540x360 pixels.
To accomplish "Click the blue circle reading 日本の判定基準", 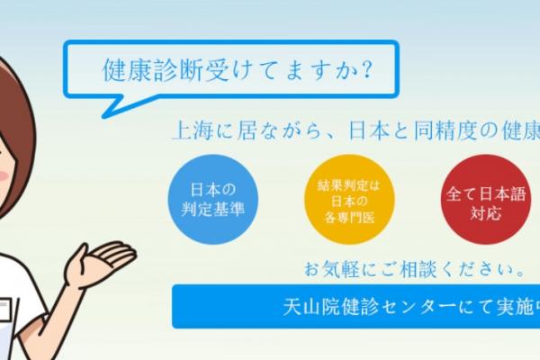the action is [x=212, y=200].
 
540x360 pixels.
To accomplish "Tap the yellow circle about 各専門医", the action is [x=349, y=200].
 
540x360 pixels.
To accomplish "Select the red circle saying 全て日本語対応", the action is [x=486, y=200].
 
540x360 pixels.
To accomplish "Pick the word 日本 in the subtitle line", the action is [x=369, y=130].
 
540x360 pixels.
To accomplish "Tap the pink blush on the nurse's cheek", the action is [x=4, y=175].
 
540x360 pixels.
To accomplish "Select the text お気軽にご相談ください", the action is [x=414, y=269].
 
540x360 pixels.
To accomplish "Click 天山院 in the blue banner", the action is [x=312, y=307].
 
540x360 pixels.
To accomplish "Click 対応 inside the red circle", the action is [x=486, y=214].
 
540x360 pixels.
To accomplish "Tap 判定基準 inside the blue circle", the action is [x=212, y=209].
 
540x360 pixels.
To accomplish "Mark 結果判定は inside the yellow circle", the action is [x=348, y=186].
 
